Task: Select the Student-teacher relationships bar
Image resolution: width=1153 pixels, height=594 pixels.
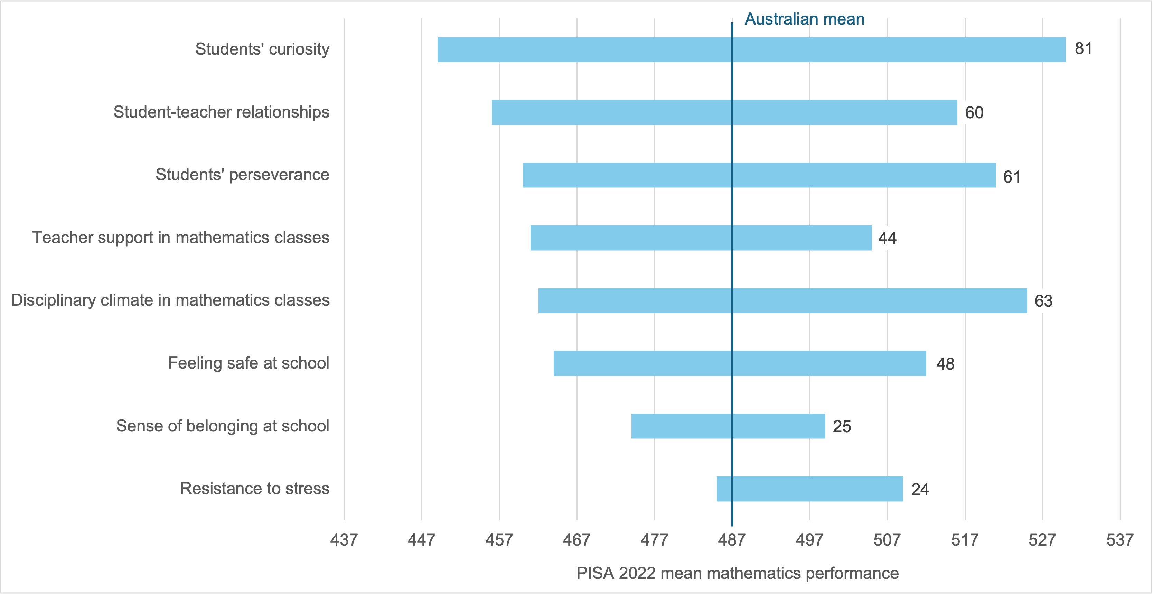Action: (x=724, y=112)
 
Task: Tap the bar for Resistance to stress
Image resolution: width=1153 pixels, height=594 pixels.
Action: (x=810, y=489)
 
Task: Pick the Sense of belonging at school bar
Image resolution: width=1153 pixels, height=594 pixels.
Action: (x=728, y=426)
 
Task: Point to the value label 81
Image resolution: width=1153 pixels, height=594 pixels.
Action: (x=1083, y=48)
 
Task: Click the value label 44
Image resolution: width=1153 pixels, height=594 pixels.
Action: (x=887, y=238)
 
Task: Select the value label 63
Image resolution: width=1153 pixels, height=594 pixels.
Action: (x=1043, y=301)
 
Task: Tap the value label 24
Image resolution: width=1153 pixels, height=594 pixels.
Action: (x=920, y=489)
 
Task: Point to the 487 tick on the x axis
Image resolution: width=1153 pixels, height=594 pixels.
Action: (x=732, y=540)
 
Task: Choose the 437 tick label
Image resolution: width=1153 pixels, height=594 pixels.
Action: (x=344, y=540)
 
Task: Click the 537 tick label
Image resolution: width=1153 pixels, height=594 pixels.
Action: (x=1119, y=540)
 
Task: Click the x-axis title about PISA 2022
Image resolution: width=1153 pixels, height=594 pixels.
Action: (x=737, y=573)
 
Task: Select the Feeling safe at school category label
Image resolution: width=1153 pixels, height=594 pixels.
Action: (x=249, y=363)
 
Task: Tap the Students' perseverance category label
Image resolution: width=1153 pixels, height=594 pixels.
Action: (x=242, y=175)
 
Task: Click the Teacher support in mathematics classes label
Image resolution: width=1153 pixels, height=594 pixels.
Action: (x=180, y=237)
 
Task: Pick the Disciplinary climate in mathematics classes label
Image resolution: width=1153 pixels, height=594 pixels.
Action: (x=170, y=300)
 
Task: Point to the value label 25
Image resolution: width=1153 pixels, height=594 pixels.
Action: (x=842, y=426)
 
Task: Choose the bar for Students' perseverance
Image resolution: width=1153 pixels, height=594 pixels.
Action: (x=759, y=175)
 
